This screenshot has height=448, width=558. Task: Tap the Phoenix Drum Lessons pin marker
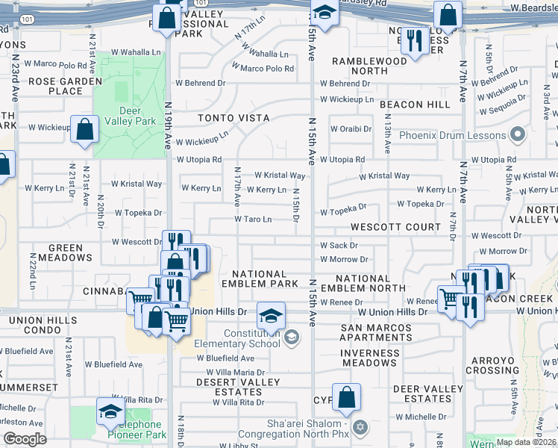pyautogui.click(x=517, y=136)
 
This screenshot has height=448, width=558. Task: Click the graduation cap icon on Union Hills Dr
pyautogui.click(x=271, y=314)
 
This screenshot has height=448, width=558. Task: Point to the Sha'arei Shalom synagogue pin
pyautogui.click(x=360, y=426)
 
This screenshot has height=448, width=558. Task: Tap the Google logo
pyautogui.click(x=25, y=439)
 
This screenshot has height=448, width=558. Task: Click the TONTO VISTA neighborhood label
pyautogui.click(x=233, y=118)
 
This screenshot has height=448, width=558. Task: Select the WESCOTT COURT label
pyautogui.click(x=386, y=227)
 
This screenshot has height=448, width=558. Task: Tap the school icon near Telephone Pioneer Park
pyautogui.click(x=110, y=411)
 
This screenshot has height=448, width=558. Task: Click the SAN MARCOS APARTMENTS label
pyautogui.click(x=376, y=332)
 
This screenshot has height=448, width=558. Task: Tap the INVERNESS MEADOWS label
pyautogui.click(x=369, y=358)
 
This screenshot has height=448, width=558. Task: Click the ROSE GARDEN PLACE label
pyautogui.click(x=65, y=86)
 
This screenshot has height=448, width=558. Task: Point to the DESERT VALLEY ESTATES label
pyautogui.click(x=238, y=387)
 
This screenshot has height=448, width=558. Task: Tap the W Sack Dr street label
pyautogui.click(x=339, y=245)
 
